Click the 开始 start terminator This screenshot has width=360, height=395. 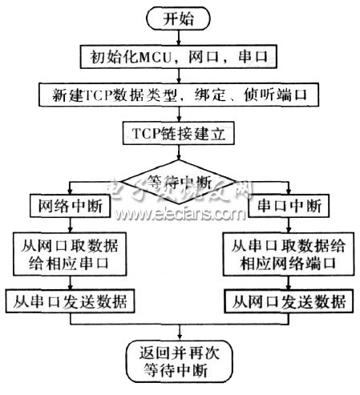[x=178, y=18]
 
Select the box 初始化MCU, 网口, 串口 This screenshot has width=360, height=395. [x=178, y=57]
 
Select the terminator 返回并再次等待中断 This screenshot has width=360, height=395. [x=178, y=361]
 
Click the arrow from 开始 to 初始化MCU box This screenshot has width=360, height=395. [x=178, y=37]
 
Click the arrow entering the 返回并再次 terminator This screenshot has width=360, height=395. [x=178, y=333]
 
